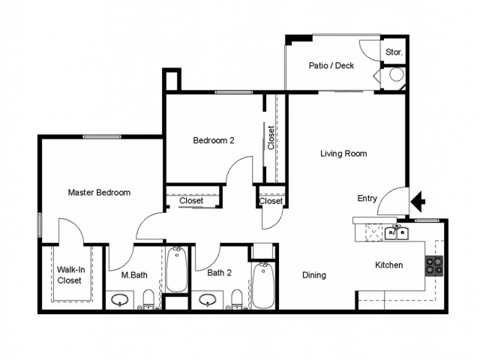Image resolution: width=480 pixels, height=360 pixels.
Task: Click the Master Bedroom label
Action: (99, 193)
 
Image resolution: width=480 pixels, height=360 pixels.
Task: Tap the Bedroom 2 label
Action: (214, 140)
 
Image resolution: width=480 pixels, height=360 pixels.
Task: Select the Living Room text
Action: (343, 153)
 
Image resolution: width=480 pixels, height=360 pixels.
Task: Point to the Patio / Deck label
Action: (331, 65)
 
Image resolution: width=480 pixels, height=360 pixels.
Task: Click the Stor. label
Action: (394, 52)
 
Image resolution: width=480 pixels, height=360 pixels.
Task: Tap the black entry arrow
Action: (418, 202)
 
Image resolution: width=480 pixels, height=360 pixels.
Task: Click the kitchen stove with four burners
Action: (434, 266)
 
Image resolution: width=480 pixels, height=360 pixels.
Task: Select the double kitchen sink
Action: (397, 233)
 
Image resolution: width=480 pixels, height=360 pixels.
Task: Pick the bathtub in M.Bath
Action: (177, 269)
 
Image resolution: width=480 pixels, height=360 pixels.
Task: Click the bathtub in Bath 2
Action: (263, 285)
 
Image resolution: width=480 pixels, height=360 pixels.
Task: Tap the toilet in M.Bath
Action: (149, 299)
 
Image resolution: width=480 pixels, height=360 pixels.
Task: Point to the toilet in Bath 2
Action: (237, 299)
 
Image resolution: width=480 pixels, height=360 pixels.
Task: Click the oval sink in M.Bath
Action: (119, 300)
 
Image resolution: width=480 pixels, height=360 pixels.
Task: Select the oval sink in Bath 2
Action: (207, 300)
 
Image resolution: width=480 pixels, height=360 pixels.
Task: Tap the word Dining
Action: (314, 275)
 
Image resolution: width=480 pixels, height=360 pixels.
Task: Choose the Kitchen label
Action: (388, 265)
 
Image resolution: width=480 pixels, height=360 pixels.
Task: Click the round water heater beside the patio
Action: (397, 75)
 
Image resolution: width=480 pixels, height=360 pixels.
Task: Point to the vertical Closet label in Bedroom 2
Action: (271, 138)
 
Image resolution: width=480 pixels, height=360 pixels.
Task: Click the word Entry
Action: (367, 198)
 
